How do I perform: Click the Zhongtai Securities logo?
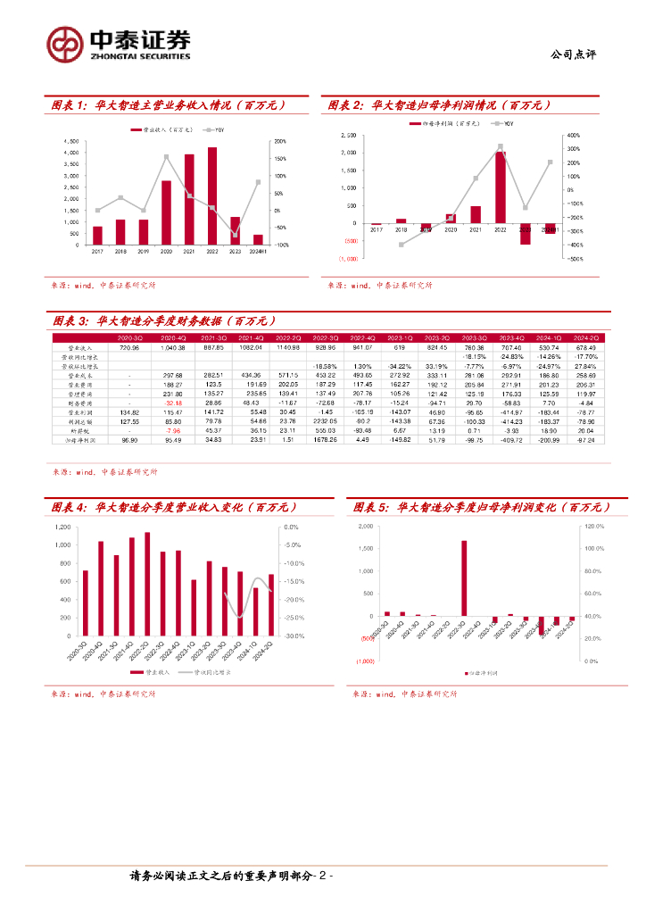(119, 44)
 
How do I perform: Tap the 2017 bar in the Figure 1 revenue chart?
(97, 235)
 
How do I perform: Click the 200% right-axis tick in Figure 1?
(279, 142)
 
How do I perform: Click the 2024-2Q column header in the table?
(585, 338)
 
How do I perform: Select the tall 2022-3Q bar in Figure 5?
(464, 577)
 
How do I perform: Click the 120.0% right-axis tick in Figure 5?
(594, 527)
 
